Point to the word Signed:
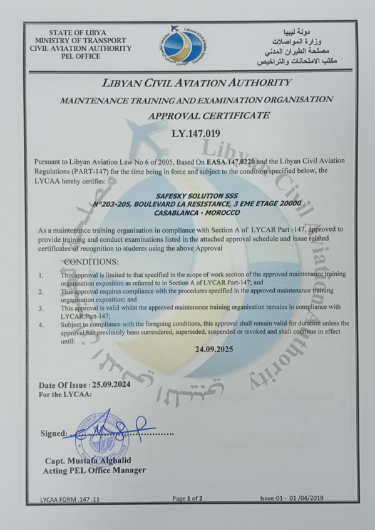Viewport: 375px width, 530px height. [x=53, y=434]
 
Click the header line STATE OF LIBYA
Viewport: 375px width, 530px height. [x=77, y=32]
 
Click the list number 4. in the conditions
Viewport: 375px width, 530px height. [x=41, y=325]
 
